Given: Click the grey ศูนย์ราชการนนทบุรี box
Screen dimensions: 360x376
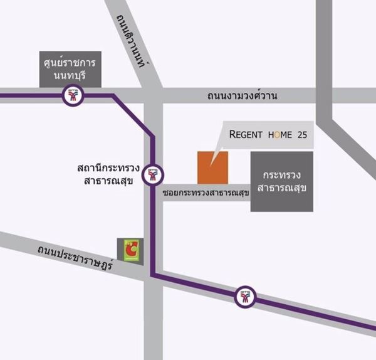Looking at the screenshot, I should [70, 69].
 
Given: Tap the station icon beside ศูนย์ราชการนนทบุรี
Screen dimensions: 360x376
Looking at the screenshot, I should [70, 96].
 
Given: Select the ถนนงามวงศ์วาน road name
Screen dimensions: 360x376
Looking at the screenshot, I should [242, 96].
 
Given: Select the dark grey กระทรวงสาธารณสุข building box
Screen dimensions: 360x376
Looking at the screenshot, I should [281, 181].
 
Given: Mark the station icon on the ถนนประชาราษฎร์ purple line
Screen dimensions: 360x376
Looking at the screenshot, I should [244, 297].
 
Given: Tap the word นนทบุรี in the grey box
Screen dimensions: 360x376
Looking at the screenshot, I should [70, 78].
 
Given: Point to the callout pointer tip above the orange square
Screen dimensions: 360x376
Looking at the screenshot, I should [211, 165].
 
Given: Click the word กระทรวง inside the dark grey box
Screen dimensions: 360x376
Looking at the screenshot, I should [281, 172].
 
